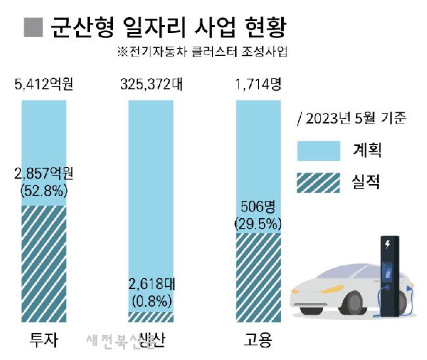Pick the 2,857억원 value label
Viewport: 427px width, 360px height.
point(44,174)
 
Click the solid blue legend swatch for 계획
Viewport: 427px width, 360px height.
point(319,151)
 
